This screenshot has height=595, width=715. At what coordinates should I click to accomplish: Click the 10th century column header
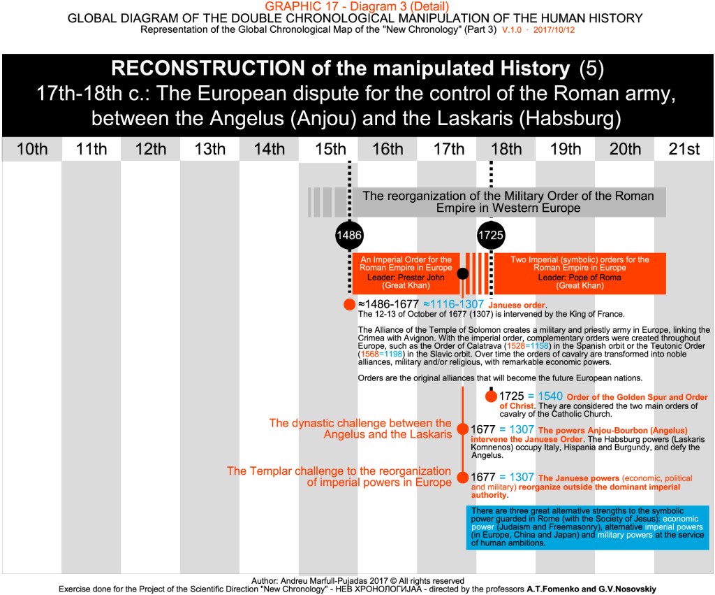coord(32,149)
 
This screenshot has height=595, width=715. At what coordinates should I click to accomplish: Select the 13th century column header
coord(209,149)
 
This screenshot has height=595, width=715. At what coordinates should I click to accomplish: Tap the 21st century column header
coord(684,149)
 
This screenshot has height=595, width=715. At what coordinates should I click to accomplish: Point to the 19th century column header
coord(565,149)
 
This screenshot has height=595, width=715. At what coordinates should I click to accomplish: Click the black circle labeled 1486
coord(349,236)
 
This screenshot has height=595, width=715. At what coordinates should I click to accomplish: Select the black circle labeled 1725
coord(491,236)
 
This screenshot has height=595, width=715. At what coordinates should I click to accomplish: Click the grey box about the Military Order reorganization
coord(508,201)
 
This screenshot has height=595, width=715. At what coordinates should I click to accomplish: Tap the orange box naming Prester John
coord(405,273)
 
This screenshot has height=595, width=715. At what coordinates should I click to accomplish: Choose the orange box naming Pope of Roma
coord(580,273)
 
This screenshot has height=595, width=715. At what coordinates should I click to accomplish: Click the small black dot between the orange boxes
coord(462,273)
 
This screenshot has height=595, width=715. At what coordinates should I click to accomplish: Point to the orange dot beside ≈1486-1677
coord(349,304)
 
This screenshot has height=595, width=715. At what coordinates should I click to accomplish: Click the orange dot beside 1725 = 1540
coord(491,396)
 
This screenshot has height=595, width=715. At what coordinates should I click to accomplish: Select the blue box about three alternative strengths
coord(590,526)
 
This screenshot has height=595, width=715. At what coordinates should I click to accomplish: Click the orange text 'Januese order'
coord(517,305)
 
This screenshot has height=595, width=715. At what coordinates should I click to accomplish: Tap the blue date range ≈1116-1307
coord(453,304)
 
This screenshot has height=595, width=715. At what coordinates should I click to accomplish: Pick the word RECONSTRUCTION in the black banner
coord(207,69)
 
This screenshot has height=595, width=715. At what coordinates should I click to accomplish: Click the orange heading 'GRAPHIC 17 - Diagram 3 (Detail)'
coord(357,7)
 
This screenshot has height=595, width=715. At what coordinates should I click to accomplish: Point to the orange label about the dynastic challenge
coord(360,429)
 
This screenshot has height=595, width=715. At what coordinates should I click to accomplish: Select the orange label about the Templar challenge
coord(339,477)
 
